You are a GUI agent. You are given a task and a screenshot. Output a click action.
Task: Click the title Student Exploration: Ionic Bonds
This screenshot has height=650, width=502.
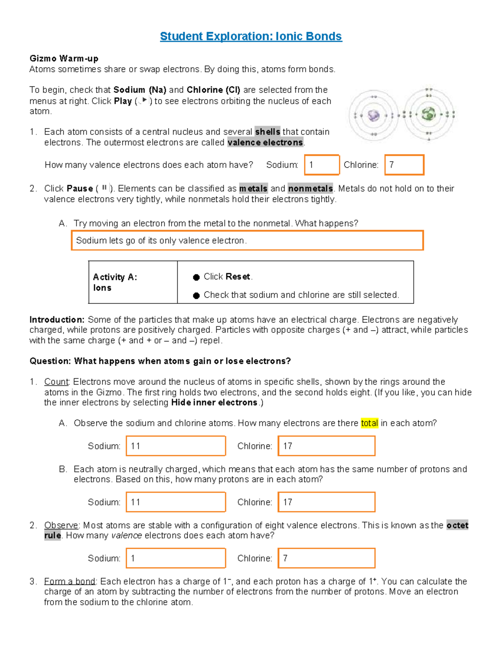click(x=251, y=36)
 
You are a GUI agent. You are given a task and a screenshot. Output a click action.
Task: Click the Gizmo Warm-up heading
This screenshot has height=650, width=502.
click(x=64, y=59)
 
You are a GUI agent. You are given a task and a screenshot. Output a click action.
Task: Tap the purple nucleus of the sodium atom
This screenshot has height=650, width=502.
click(x=373, y=115)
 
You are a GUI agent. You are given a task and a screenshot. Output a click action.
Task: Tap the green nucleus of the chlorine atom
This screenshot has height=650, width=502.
click(x=428, y=114)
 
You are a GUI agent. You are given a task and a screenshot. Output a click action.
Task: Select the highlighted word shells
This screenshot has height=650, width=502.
click(x=267, y=132)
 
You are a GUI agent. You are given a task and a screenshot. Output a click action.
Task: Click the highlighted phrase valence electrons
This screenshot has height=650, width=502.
click(x=265, y=143)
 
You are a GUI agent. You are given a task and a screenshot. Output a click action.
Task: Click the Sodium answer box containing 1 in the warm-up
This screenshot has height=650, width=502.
click(x=322, y=165)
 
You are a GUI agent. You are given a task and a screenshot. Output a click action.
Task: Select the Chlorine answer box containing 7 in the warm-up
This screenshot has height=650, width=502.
click(x=404, y=165)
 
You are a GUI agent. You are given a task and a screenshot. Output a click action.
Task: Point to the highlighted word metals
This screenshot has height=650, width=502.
click(x=253, y=189)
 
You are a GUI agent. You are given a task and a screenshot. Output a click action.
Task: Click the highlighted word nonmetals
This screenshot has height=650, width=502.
click(x=310, y=189)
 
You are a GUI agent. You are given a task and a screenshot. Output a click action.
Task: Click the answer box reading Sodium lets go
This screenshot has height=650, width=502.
click(x=247, y=241)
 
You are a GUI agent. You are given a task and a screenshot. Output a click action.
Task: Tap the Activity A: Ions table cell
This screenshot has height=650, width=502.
click(x=133, y=282)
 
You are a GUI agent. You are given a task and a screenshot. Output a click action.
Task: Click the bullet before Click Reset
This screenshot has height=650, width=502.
click(x=196, y=277)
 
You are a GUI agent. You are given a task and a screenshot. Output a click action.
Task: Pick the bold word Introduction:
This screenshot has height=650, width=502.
click(x=57, y=320)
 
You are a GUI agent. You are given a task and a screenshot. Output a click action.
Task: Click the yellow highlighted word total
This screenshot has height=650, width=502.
click(x=369, y=423)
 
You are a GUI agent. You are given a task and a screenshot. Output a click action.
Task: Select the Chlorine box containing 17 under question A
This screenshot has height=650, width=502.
click(x=326, y=446)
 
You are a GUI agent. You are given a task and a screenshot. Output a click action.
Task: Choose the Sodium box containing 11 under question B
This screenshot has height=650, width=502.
click(x=176, y=502)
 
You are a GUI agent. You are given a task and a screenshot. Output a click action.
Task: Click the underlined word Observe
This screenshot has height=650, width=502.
click(x=61, y=525)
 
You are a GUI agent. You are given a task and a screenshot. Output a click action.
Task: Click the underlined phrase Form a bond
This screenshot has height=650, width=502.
click(x=70, y=581)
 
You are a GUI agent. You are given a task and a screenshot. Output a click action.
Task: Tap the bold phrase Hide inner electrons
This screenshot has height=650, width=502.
click(x=214, y=403)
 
